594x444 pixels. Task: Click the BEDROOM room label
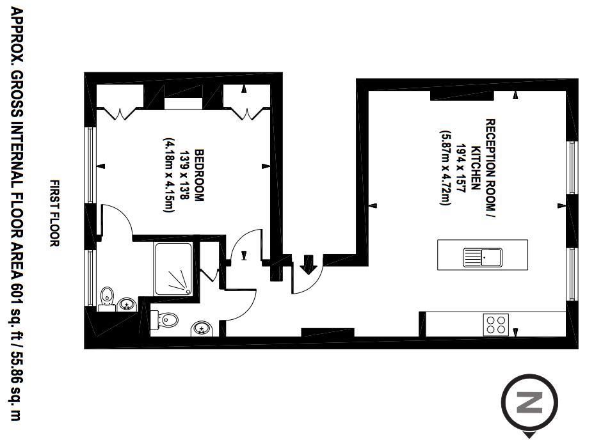pos(199,175)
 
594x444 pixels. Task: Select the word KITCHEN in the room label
pos(476,168)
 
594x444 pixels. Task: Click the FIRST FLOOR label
pos(55,213)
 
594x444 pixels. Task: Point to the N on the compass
pos(529,402)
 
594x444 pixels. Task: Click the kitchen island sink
pos(482,257)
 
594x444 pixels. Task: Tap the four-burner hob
pos(496,324)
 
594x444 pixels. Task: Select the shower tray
pos(173,269)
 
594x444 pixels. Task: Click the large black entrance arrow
pos(309,265)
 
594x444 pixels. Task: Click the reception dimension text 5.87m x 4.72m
pos(445,168)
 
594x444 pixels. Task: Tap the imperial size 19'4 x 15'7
pos(460,168)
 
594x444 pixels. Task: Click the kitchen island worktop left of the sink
pos(451,255)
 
